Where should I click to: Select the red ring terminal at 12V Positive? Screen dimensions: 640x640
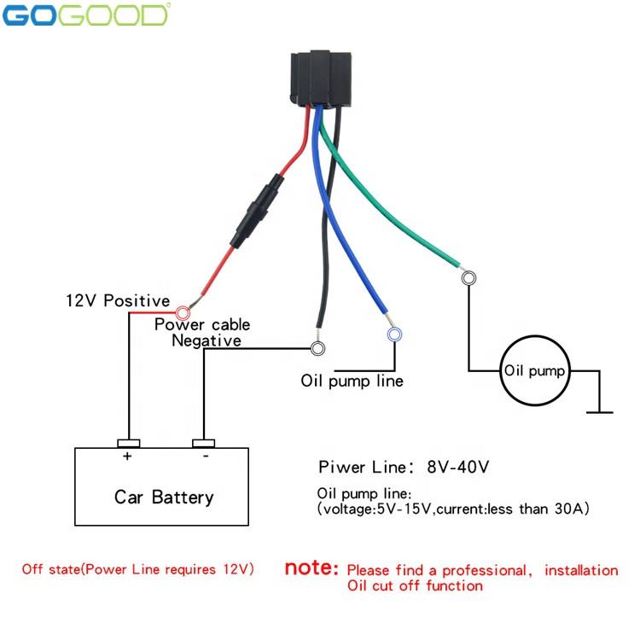pyautogui.click(x=182, y=314)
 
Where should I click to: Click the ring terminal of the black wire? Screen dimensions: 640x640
pyautogui.click(x=318, y=348)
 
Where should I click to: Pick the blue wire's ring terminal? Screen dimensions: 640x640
pyautogui.click(x=393, y=335)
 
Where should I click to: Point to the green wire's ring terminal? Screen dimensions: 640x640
pyautogui.click(x=468, y=277)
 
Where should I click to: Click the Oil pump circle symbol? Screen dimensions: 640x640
pyautogui.click(x=534, y=371)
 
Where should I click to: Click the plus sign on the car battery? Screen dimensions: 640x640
pyautogui.click(x=127, y=457)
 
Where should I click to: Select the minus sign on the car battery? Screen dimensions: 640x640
pyautogui.click(x=204, y=457)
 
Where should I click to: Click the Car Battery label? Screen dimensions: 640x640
pyautogui.click(x=164, y=497)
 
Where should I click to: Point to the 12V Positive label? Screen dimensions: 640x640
pyautogui.click(x=118, y=301)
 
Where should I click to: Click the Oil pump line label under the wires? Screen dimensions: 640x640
pyautogui.click(x=352, y=381)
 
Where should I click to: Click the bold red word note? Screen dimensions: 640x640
pyautogui.click(x=311, y=568)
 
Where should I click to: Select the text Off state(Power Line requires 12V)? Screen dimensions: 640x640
pyautogui.click(x=137, y=569)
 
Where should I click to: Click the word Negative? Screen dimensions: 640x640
pyautogui.click(x=207, y=340)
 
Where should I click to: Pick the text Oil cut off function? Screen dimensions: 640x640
pyautogui.click(x=415, y=585)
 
